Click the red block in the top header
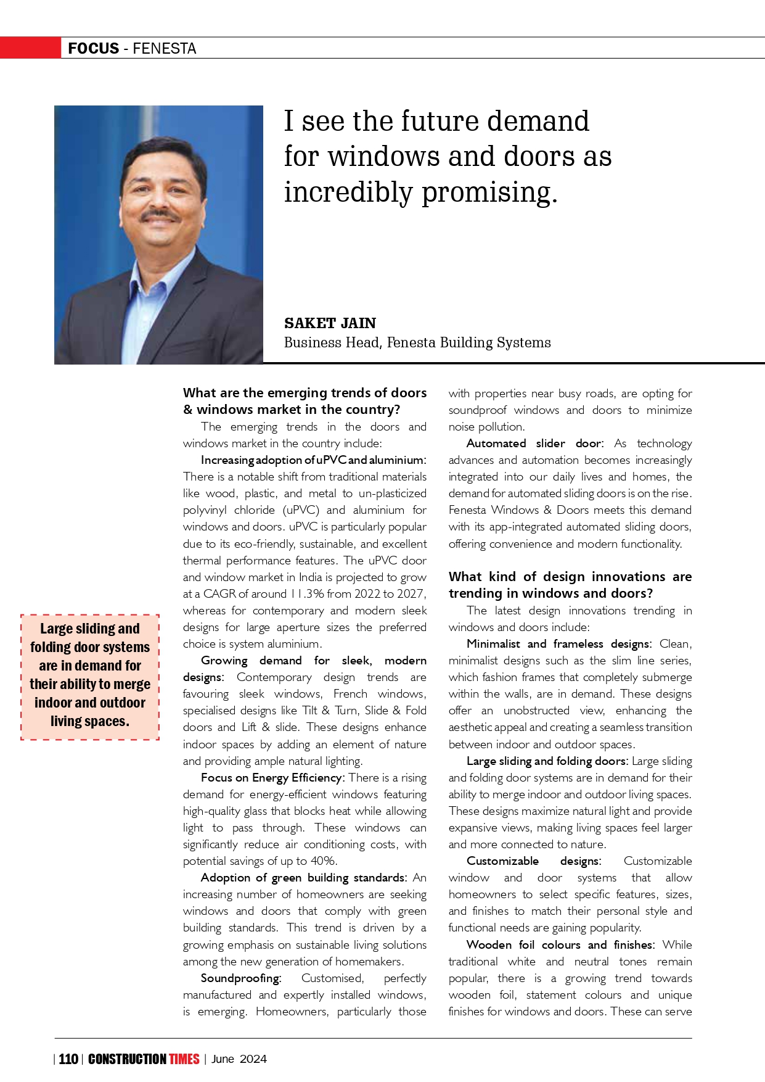[30, 48]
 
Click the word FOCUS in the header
[93, 49]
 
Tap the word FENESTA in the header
[164, 49]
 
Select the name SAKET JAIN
[330, 323]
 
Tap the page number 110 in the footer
[68, 1059]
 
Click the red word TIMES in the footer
[184, 1059]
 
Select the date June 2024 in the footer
[239, 1059]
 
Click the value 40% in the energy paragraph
[324, 861]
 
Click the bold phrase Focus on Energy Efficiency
[271, 778]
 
